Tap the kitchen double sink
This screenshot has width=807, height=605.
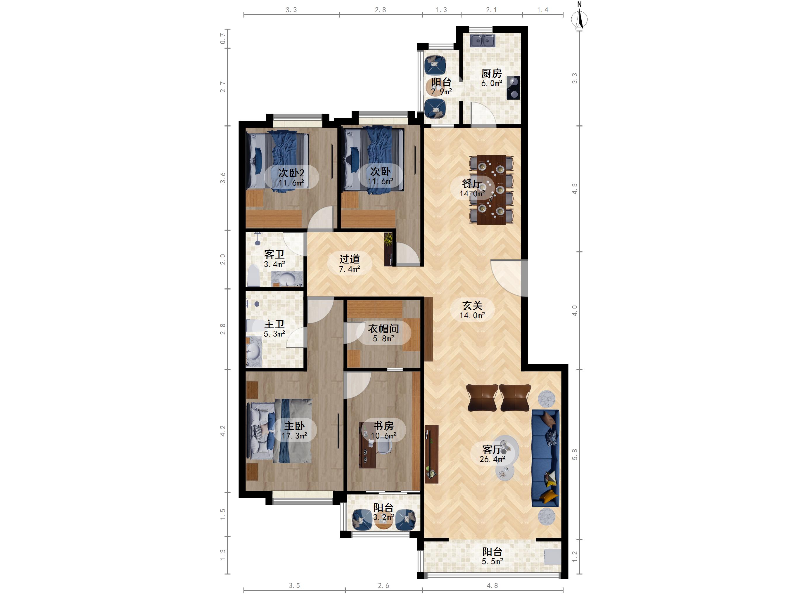482,41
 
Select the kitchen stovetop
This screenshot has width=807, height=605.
513,88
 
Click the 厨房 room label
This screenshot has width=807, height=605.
491,73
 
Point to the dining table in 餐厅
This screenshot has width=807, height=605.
491,190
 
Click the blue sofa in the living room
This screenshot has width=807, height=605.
545,458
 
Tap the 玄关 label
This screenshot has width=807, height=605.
472,305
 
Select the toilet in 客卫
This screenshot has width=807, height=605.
253,276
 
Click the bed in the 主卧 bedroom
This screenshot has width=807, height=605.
279,431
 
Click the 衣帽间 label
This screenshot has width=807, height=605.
383,329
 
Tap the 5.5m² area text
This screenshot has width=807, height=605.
492,561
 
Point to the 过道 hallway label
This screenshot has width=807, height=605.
350,259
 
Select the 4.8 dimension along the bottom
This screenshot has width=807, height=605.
492,585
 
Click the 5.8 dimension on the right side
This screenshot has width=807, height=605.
575,454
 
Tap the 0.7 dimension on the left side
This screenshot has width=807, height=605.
222,39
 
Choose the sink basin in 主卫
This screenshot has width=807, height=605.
254,352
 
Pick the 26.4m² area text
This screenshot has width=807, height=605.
492,459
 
